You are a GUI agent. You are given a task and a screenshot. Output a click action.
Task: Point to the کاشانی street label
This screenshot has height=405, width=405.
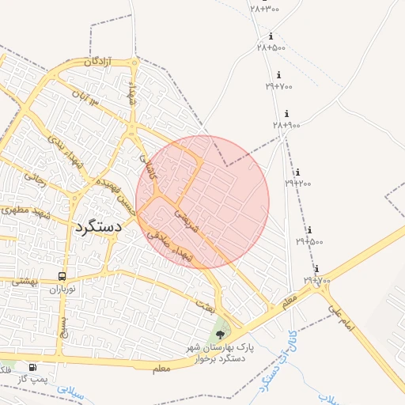tap(150, 165)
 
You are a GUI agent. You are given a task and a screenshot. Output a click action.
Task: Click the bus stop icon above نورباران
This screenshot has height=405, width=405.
tap(62, 277)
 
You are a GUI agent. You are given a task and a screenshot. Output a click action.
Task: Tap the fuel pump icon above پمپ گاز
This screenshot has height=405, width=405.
tap(32, 367)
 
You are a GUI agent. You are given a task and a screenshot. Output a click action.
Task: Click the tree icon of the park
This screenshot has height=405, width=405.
tap(220, 335)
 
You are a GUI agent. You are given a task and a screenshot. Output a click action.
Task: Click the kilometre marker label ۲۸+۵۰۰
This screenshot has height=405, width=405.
tap(271, 47)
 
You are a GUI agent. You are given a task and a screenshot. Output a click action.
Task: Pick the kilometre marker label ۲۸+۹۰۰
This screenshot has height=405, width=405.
tap(286, 125)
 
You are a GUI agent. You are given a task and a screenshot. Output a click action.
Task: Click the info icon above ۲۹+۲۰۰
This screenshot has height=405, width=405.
tap(297, 172)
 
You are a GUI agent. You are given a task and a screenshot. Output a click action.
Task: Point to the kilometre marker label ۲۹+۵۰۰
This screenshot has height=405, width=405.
tap(309, 240)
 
